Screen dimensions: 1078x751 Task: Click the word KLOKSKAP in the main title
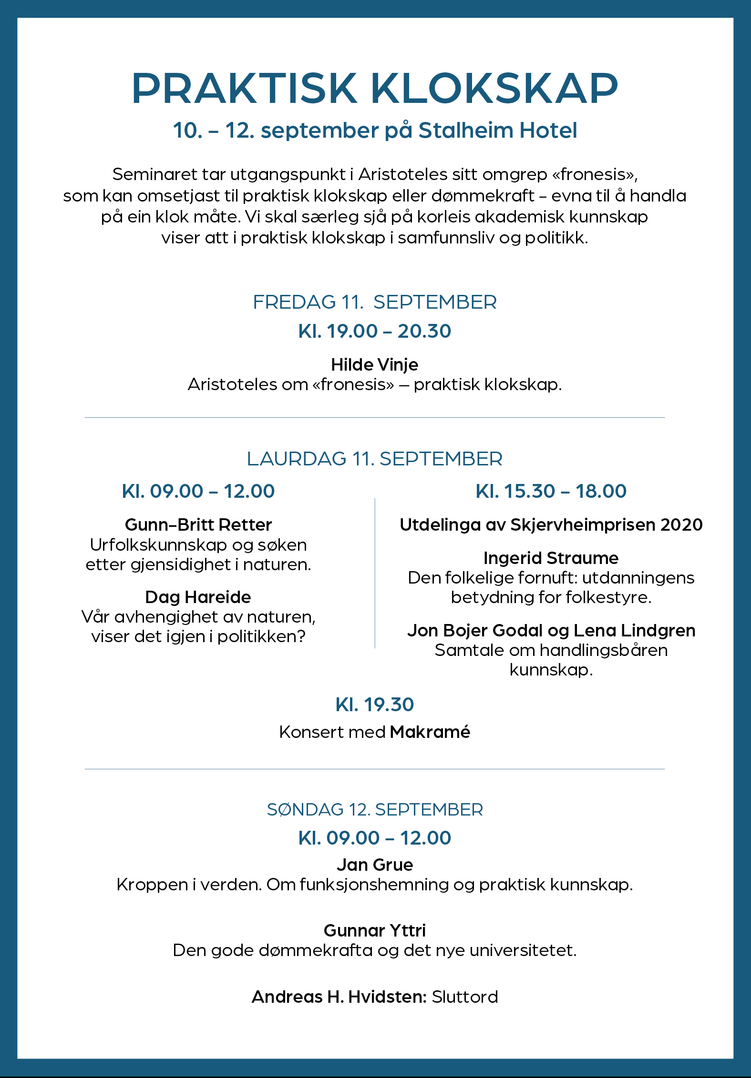click(x=494, y=89)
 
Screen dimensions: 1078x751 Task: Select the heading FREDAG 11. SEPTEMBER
click(x=375, y=302)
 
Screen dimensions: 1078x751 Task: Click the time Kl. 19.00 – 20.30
click(x=375, y=331)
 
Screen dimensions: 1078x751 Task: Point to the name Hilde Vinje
click(x=375, y=364)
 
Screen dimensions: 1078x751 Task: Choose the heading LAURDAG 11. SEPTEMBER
click(x=375, y=459)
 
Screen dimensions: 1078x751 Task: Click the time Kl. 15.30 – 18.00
click(x=551, y=491)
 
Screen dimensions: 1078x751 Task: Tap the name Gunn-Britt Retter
click(x=198, y=524)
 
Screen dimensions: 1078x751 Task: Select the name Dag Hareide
click(x=198, y=597)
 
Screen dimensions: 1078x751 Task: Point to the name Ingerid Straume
click(x=551, y=558)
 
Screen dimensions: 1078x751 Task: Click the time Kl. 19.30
click(x=375, y=705)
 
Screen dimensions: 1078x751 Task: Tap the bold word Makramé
click(x=430, y=732)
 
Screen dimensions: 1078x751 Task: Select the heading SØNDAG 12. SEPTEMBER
click(x=375, y=809)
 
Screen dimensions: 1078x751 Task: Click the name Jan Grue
click(x=375, y=865)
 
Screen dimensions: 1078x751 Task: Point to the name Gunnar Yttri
click(x=375, y=930)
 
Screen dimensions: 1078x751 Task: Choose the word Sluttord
click(x=464, y=997)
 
